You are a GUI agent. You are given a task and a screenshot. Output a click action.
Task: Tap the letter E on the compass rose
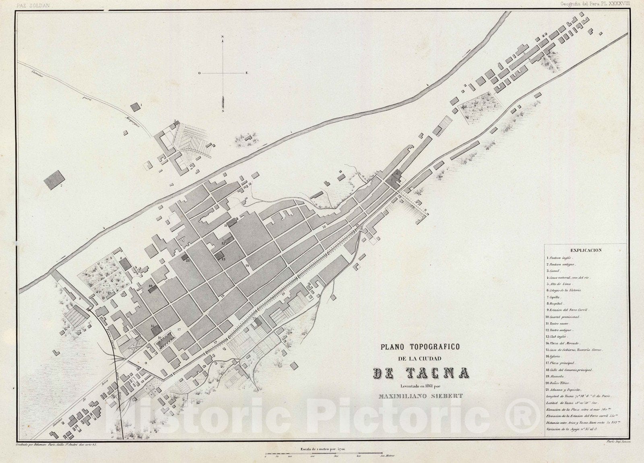coord(246,73)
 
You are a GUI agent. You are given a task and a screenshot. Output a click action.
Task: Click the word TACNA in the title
coord(421,373)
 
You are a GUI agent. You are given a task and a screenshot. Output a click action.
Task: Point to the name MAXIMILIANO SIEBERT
coord(421,395)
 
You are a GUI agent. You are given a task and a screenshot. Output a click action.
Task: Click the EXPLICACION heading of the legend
coord(586,250)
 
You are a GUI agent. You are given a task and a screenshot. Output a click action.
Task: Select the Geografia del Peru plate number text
coord(596,4)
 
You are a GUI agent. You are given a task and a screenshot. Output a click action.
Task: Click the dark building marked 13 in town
coord(219,255)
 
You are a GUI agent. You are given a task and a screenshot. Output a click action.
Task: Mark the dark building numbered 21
coord(185,257)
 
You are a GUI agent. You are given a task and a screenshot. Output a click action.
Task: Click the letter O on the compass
coord(199,73)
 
